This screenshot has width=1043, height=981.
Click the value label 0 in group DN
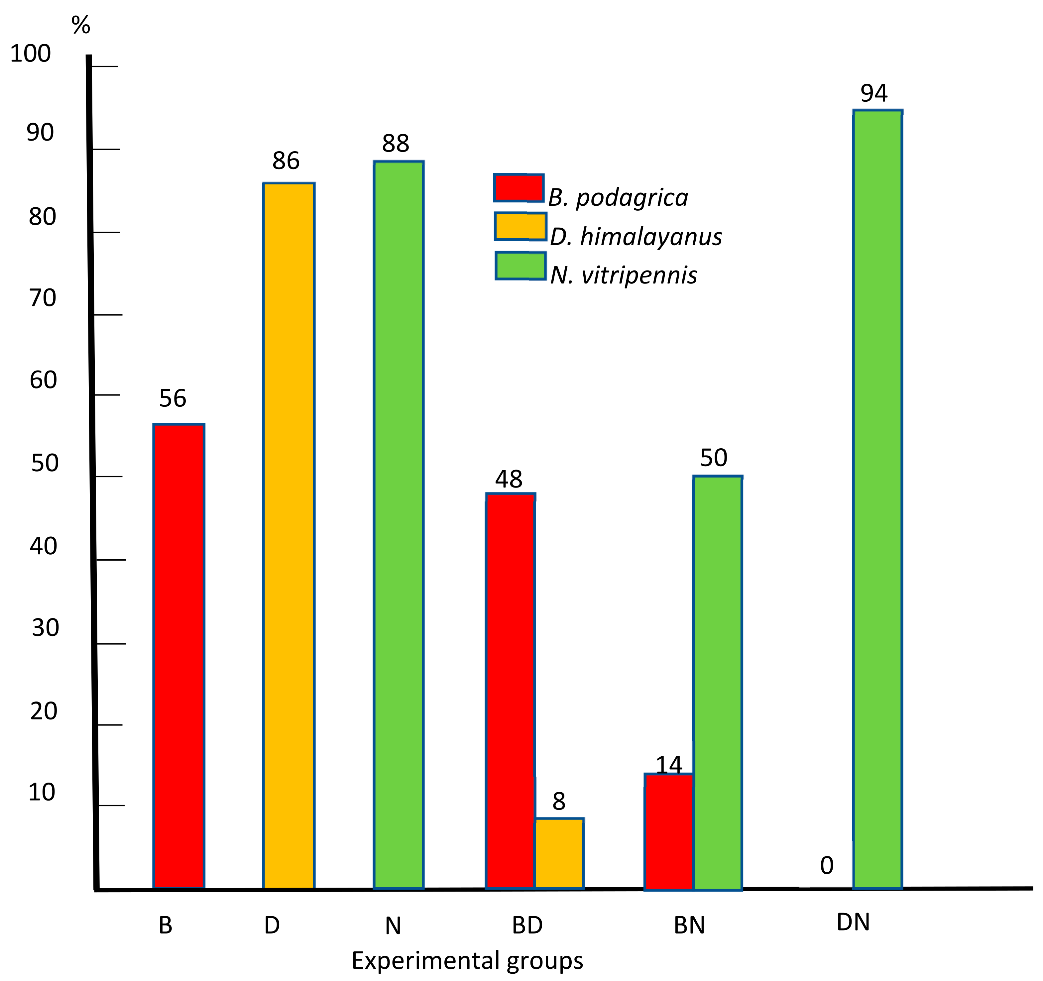827,866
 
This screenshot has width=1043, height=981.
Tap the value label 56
173,399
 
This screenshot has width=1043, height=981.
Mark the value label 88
395,143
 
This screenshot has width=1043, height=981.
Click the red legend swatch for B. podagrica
519,188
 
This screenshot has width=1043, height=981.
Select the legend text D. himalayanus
636,237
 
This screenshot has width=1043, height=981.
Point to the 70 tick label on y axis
43,298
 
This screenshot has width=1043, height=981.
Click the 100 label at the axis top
31,54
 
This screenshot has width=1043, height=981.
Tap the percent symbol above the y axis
81,25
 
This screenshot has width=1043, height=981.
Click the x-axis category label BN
689,926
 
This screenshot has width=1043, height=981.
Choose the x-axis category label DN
853,922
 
